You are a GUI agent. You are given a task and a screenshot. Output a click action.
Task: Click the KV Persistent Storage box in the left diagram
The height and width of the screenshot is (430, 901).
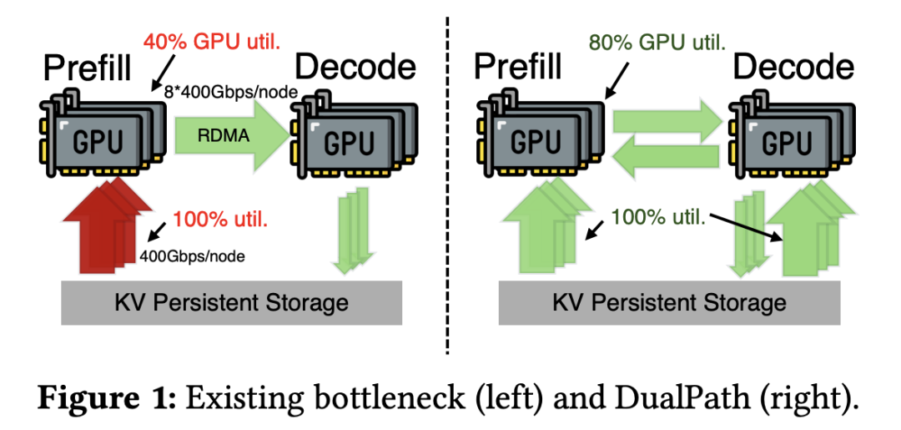tap(231, 301)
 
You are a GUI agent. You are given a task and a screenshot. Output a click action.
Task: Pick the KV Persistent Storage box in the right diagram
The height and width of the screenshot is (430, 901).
tap(669, 301)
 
